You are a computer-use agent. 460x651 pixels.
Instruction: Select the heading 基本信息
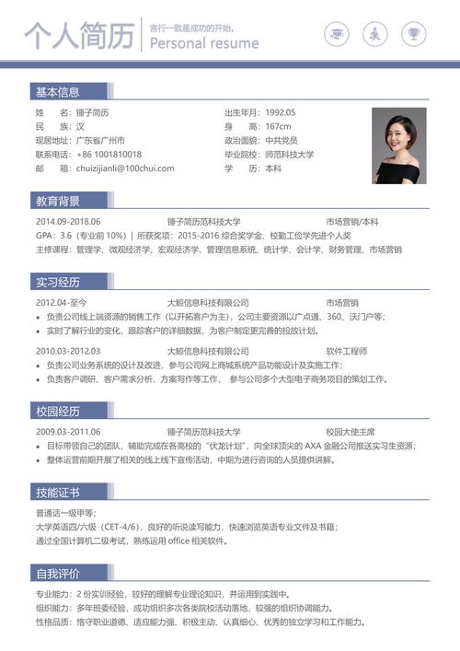click(x=58, y=92)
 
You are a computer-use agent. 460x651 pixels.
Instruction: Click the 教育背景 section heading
click(x=58, y=201)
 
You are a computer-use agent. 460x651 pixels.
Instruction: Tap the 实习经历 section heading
click(x=58, y=282)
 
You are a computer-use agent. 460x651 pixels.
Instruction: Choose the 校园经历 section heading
click(x=58, y=411)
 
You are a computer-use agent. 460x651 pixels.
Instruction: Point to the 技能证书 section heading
click(x=58, y=492)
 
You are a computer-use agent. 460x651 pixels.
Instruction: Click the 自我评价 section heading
click(x=58, y=574)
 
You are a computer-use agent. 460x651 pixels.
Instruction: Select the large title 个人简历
click(x=77, y=38)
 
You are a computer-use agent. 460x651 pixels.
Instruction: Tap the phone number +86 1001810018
click(x=109, y=155)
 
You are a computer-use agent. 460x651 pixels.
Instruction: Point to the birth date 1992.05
click(x=281, y=112)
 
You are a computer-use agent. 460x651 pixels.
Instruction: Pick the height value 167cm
click(x=278, y=126)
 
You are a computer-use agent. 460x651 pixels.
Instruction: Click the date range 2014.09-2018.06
click(x=68, y=222)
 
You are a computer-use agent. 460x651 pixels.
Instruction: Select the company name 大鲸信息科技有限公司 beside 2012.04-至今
click(x=208, y=302)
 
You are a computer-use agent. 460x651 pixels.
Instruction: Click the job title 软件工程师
click(x=347, y=351)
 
